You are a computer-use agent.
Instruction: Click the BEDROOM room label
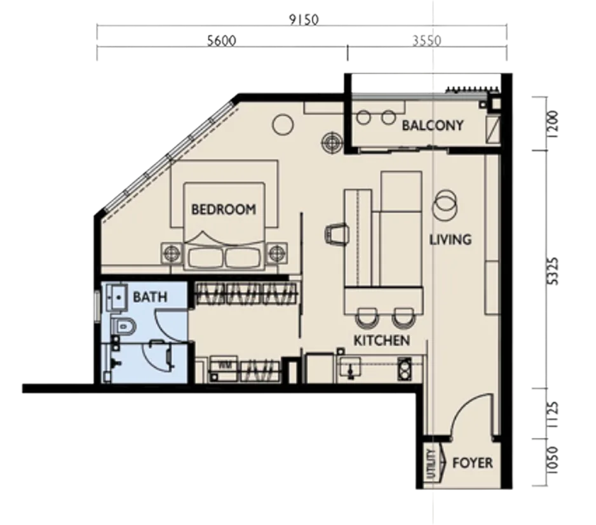pyautogui.click(x=224, y=209)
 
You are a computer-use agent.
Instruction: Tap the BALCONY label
pyautogui.click(x=433, y=125)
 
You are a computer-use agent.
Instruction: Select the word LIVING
pyautogui.click(x=450, y=239)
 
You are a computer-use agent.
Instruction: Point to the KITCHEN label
pyautogui.click(x=382, y=340)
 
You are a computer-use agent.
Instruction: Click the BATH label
pyautogui.click(x=150, y=296)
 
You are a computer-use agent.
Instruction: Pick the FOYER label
pyautogui.click(x=473, y=463)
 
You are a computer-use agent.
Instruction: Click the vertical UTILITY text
pyautogui.click(x=430, y=464)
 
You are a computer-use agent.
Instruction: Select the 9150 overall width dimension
pyautogui.click(x=304, y=20)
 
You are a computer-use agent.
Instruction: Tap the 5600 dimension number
pyautogui.click(x=221, y=41)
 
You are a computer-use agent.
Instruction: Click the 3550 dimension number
pyautogui.click(x=427, y=41)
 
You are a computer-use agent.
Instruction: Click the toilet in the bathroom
pyautogui.click(x=123, y=326)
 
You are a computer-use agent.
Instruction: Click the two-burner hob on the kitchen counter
pyautogui.click(x=404, y=368)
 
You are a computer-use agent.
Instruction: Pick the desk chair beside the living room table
pyautogui.click(x=337, y=234)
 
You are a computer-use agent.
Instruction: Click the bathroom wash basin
pyautogui.click(x=117, y=297)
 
